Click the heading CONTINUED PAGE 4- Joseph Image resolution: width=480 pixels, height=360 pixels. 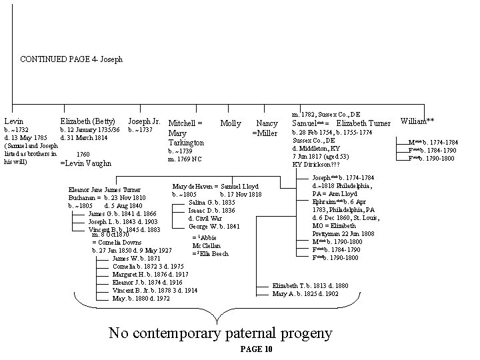tap(71, 59)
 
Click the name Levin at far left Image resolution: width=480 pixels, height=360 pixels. tap(13, 121)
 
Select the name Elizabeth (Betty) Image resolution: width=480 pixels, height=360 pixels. tap(88, 121)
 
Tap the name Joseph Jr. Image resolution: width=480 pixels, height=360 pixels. tap(144, 121)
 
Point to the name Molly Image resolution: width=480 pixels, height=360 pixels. tap(230, 123)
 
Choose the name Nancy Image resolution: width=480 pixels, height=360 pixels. tap(267, 123)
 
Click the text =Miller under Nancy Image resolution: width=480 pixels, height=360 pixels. tap(264, 133)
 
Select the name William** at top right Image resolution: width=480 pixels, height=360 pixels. tap(417, 121)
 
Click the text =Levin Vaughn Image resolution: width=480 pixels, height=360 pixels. tap(86, 163)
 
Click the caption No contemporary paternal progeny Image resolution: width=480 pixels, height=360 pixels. tap(220, 333)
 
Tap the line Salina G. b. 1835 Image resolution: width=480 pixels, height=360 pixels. tap(212, 202)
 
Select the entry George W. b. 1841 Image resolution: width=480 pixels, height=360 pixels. tap(215, 227)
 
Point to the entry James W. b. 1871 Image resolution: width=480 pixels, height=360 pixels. tap(137, 258)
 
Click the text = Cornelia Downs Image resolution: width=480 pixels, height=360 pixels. tap(116, 243)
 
